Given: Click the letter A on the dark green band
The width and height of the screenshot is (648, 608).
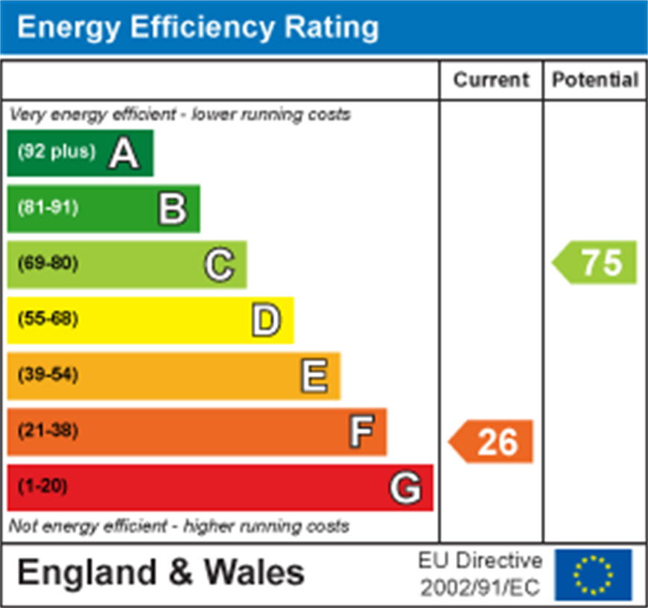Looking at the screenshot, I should (x=124, y=153).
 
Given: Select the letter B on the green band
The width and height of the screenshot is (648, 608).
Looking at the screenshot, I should (x=172, y=209).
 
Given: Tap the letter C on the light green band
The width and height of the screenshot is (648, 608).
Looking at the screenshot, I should (x=219, y=265).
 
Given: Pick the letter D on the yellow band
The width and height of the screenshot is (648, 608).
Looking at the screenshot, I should (x=266, y=320).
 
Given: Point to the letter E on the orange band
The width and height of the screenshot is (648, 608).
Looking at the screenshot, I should (x=314, y=376).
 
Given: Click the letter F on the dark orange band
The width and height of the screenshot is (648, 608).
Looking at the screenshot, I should (x=361, y=431).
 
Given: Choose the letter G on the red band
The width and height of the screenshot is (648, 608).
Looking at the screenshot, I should (x=406, y=488).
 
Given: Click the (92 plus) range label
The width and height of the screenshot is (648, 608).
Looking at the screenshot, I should (x=57, y=152).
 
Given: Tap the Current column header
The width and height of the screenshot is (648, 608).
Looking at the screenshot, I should (x=491, y=80).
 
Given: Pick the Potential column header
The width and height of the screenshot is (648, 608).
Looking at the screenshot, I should (x=595, y=80).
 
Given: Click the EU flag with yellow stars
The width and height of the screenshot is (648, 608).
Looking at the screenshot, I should (x=593, y=574).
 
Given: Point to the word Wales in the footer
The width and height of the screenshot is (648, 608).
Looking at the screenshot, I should (x=255, y=573).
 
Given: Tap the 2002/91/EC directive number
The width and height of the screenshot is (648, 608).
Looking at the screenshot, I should (x=480, y=587).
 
